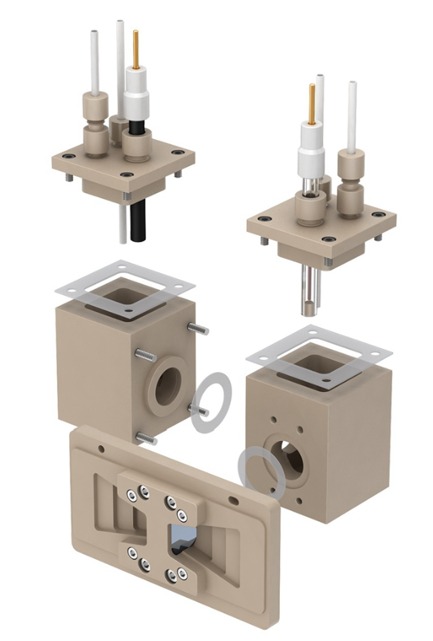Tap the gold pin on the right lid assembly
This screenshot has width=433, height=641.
[x=311, y=103]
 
